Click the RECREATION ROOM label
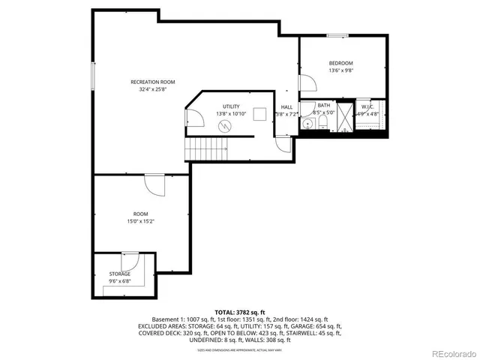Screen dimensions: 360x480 [152, 81]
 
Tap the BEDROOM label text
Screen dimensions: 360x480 [340, 62]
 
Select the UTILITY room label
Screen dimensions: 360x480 [230, 106]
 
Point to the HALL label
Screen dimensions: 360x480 [286, 106]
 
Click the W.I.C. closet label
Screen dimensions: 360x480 [367, 106]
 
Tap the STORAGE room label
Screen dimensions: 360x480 [120, 274]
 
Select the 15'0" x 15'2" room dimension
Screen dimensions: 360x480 [141, 221]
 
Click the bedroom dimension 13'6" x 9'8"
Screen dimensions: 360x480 [340, 70]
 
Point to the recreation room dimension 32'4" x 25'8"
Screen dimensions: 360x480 [152, 88]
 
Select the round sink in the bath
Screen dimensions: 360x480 [307, 125]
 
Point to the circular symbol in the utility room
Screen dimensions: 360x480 [223, 126]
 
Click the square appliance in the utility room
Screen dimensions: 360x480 [260, 114]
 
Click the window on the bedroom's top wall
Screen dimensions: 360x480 [337, 34]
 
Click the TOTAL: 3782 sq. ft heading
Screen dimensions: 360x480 [240, 311]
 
